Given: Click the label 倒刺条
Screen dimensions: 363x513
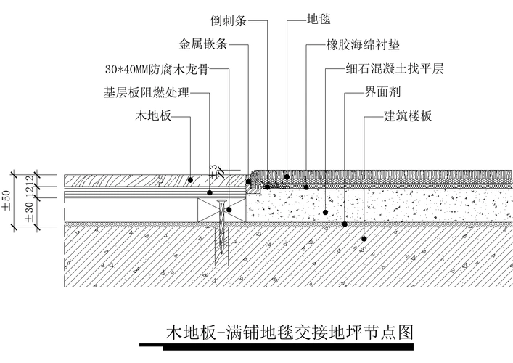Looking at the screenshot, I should tap(229, 20).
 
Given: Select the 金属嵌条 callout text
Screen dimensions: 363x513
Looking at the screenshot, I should tap(204, 44).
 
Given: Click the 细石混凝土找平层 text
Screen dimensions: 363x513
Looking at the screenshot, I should tap(395, 70).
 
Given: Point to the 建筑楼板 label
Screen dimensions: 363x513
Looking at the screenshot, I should tap(408, 116).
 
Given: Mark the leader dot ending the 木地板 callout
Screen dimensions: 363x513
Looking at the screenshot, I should tap(190, 179).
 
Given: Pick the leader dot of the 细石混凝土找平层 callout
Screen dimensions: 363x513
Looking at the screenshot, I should tap(326, 212).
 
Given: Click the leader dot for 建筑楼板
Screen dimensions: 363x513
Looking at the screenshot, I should tap(364, 237).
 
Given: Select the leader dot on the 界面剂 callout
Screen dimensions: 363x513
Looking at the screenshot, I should tap(345, 225).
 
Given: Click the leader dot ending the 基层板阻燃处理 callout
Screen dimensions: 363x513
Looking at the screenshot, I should tap(210, 192).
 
